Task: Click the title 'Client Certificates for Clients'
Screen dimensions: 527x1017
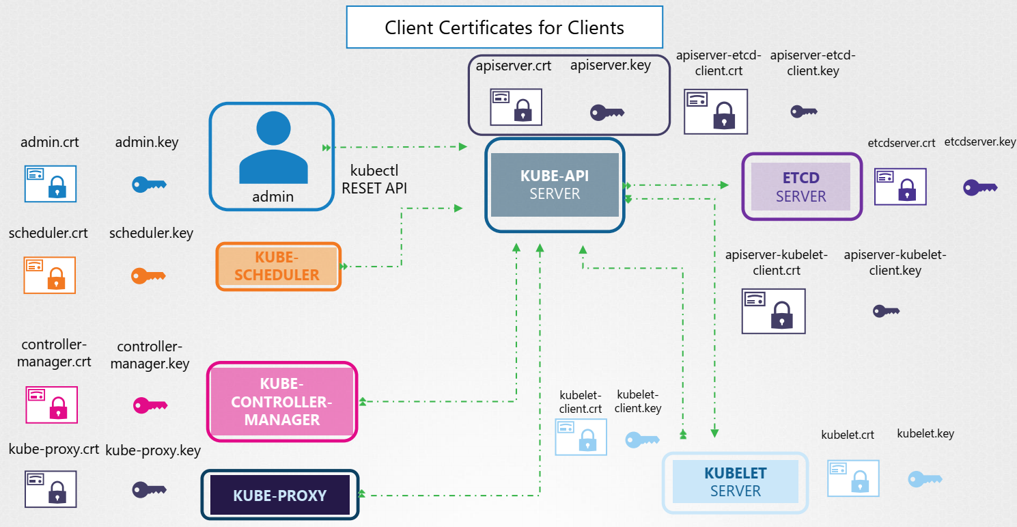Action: pyautogui.click(x=504, y=27)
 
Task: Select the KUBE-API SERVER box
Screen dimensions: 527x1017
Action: pyautogui.click(x=555, y=185)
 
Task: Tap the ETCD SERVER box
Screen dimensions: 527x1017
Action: pyautogui.click(x=801, y=187)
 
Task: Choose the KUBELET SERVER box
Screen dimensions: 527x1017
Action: pyautogui.click(x=735, y=482)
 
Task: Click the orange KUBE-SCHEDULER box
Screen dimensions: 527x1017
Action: pyautogui.click(x=278, y=266)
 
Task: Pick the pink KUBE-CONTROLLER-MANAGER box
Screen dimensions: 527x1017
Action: pyautogui.click(x=282, y=401)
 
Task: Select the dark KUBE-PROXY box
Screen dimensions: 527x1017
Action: pyautogui.click(x=280, y=495)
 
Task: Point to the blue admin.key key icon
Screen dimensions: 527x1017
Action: pyautogui.click(x=149, y=184)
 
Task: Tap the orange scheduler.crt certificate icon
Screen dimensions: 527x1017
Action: pyautogui.click(x=50, y=275)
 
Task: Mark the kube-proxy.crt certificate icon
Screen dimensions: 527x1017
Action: pyautogui.click(x=51, y=489)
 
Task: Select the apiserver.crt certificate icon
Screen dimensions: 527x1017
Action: pyautogui.click(x=516, y=107)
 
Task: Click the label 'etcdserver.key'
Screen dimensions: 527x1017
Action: pyautogui.click(x=980, y=142)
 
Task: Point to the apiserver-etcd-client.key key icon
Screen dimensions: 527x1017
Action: pyautogui.click(x=804, y=111)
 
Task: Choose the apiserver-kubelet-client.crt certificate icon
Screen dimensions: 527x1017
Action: pyautogui.click(x=773, y=311)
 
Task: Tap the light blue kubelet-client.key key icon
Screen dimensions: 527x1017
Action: pyautogui.click(x=642, y=440)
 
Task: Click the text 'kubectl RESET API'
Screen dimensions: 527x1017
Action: pyautogui.click(x=374, y=180)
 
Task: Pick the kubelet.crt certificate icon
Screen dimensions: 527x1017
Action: pyautogui.click(x=853, y=478)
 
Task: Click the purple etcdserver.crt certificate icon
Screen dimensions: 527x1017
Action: pyautogui.click(x=900, y=187)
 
